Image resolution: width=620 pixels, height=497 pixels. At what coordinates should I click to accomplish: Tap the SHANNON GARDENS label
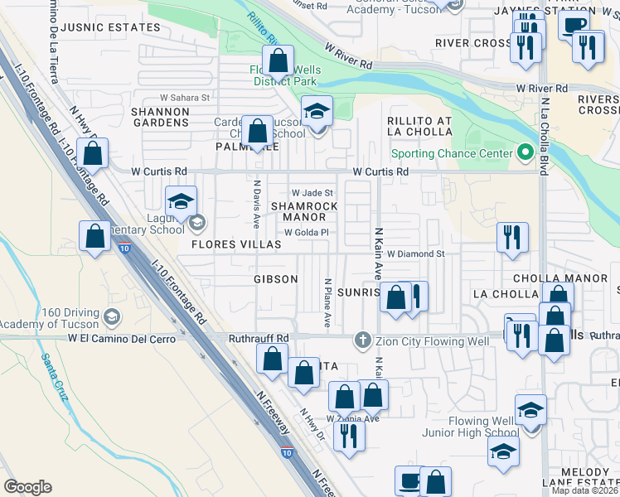160,116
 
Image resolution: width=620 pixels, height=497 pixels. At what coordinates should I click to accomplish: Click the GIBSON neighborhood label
275,279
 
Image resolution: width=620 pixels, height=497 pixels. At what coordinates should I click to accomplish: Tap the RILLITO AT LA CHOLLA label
419,127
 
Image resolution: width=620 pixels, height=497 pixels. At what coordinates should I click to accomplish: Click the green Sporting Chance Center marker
524,152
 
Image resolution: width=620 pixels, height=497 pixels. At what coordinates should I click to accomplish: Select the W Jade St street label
311,192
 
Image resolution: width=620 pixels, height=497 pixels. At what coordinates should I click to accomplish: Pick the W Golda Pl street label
308,233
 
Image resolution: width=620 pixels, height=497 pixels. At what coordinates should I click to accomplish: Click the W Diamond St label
416,254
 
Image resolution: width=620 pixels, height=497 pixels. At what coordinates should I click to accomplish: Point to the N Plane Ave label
328,302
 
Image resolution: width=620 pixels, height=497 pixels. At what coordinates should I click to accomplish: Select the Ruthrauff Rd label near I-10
259,338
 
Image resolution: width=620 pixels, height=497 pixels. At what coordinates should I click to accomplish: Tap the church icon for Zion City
361,339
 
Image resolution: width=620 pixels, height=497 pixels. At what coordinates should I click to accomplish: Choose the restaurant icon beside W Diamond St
512,237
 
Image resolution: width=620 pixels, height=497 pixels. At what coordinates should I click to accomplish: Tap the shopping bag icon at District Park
279,60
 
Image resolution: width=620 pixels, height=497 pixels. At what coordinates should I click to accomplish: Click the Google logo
27,487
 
